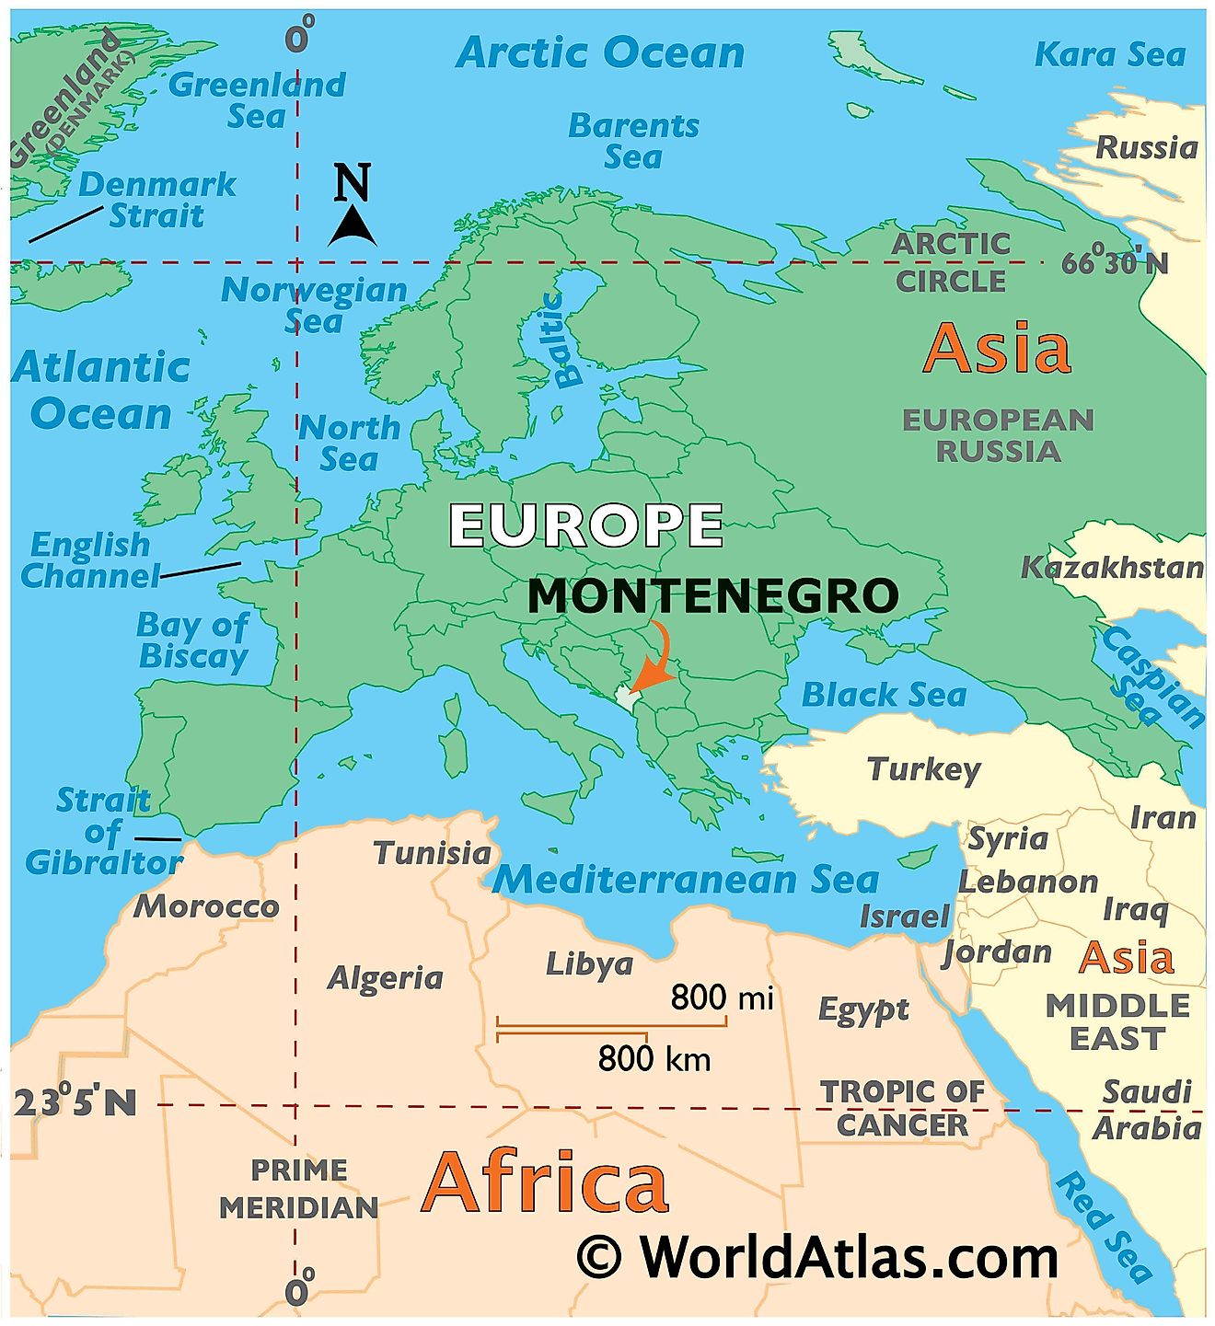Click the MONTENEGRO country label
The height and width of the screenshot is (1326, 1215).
pos(712,596)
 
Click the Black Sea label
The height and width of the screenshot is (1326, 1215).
pos(884,695)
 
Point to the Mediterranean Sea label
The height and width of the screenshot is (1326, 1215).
pos(686,880)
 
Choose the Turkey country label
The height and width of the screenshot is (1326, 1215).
pos(924,768)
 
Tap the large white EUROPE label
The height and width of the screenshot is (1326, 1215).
pos(585,525)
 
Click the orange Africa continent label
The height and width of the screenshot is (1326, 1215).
pos(544,1182)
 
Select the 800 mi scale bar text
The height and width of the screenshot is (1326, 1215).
pos(722,997)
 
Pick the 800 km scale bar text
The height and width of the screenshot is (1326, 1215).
pos(654,1059)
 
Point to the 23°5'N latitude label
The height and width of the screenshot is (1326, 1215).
pos(75,1102)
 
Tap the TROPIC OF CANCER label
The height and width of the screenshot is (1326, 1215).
pos(902,1108)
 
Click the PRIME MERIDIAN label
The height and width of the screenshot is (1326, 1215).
pos(299,1189)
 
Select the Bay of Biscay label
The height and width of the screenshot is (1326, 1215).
pos(192,640)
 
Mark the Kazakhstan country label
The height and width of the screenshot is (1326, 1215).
pos(1112,568)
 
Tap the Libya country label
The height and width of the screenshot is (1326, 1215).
pos(589,963)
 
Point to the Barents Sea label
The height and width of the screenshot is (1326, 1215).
pos(633,141)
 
